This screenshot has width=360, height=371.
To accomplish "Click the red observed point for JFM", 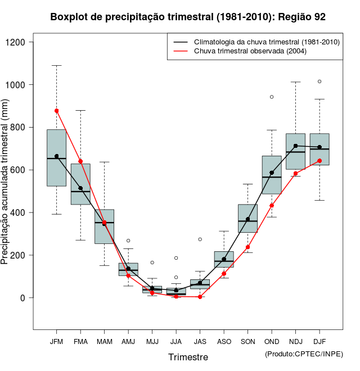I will [x=56, y=111].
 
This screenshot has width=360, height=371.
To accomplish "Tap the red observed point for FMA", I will [x=80, y=161].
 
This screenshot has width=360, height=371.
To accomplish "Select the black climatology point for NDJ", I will [x=295, y=146].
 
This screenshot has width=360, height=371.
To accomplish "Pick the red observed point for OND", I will [x=272, y=206].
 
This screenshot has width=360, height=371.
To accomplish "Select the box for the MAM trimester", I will [x=104, y=227].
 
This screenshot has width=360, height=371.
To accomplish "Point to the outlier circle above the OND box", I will [x=272, y=97].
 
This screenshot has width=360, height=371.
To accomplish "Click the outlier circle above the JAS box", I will [x=200, y=239].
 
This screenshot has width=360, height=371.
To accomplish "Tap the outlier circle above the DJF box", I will [x=319, y=82].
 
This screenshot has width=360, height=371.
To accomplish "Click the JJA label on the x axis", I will [x=176, y=342].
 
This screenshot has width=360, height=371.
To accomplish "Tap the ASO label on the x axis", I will [x=224, y=342].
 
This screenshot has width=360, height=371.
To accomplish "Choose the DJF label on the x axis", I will [x=319, y=342].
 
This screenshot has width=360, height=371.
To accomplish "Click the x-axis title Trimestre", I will [x=188, y=357].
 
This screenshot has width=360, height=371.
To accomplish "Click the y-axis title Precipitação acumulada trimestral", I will [x=6, y=186].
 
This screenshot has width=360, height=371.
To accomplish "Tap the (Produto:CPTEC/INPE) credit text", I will [x=303, y=354].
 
